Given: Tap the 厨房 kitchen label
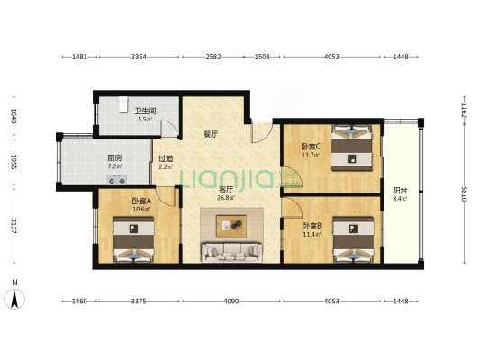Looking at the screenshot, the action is (114, 158).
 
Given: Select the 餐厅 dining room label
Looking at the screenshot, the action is (211, 134).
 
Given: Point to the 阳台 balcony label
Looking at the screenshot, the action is (400, 191).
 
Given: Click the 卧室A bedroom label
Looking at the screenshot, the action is (141, 201).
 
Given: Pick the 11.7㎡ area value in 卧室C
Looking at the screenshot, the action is (311, 155).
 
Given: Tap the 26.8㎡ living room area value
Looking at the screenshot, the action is (226, 198).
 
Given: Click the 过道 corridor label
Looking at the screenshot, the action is (166, 158).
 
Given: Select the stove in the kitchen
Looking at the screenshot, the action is (117, 179).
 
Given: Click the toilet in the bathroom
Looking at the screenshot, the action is (123, 105).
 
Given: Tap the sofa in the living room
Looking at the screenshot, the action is (231, 252).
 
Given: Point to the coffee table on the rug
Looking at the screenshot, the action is (231, 226).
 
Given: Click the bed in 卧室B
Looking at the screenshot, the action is (354, 239).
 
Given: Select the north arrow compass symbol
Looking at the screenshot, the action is (14, 299).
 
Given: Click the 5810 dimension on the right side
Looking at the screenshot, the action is (464, 193).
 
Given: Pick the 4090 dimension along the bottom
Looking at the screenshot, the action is (231, 301).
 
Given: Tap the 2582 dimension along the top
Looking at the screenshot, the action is (213, 57).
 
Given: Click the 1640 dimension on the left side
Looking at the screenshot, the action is (14, 116).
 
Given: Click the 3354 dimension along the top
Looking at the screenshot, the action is (139, 57).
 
